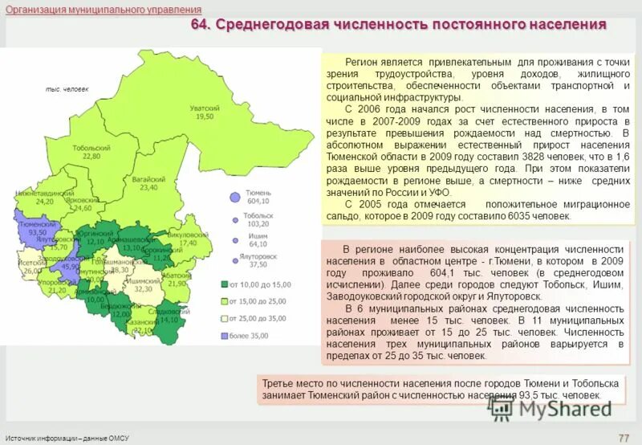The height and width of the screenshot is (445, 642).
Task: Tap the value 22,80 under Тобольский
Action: point(91,157)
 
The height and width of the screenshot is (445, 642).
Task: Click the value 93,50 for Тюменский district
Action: point(37,232)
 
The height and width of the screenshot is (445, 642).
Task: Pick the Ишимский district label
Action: point(144,281)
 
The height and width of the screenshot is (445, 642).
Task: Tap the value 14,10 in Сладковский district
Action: point(169,320)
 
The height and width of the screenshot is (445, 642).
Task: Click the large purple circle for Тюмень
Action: point(234,197)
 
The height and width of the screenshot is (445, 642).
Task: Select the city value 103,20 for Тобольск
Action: point(258,225)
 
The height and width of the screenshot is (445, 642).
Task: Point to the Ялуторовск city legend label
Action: point(258,255)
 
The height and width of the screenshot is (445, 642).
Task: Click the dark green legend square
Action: point(225,284)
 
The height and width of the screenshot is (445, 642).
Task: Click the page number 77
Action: point(623,437)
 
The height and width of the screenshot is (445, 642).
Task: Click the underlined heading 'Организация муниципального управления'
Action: point(103,10)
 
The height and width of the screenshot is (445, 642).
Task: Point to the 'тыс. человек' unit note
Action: point(67,89)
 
